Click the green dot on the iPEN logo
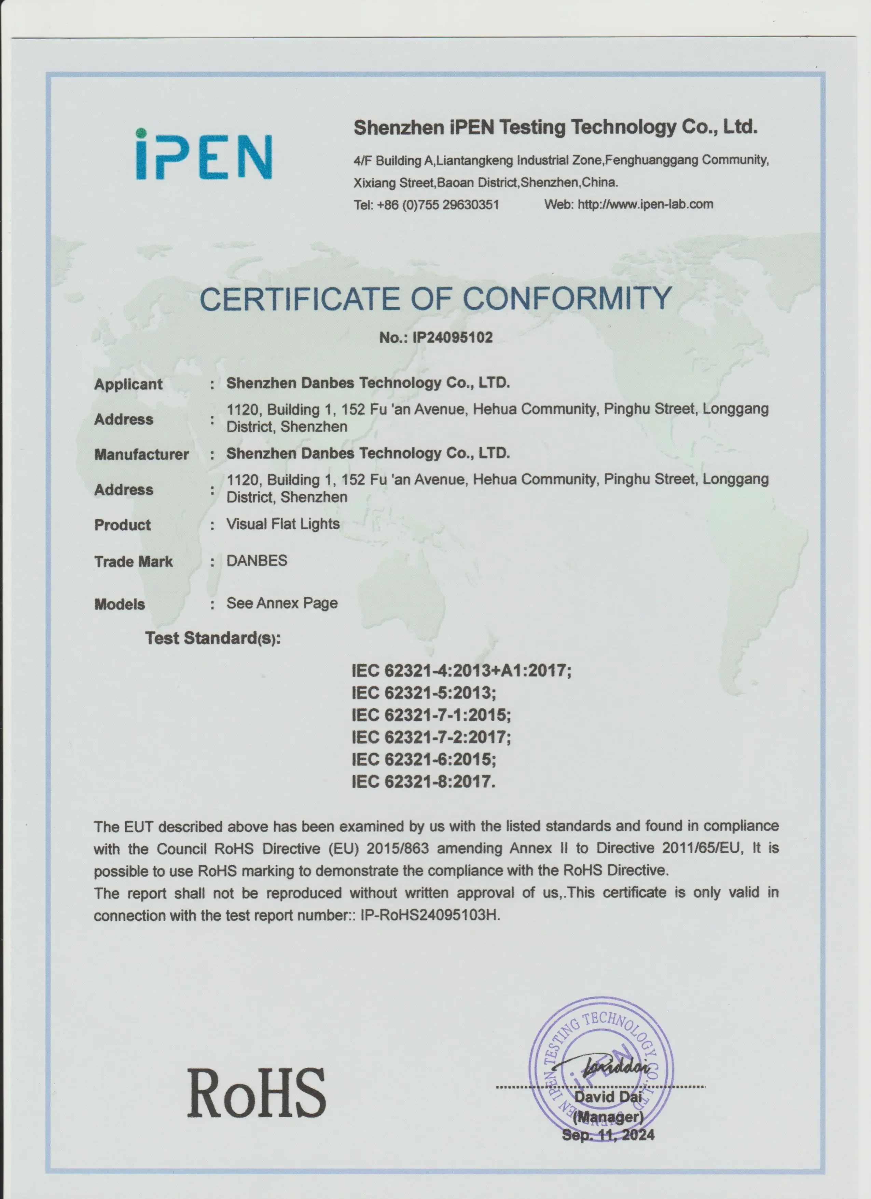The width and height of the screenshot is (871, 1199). pyautogui.click(x=141, y=134)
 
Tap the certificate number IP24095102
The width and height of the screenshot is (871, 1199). pyautogui.click(x=452, y=338)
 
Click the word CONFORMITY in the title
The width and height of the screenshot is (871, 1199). pyautogui.click(x=567, y=299)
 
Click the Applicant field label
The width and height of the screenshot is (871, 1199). pyautogui.click(x=128, y=384)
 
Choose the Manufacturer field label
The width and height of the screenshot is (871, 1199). pyautogui.click(x=141, y=455)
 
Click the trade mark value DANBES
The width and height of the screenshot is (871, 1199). pyautogui.click(x=257, y=561)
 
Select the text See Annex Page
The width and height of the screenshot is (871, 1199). pyautogui.click(x=282, y=603)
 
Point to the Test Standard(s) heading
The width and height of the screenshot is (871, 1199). pyautogui.click(x=213, y=639)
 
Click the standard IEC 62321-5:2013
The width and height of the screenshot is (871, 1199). pyautogui.click(x=424, y=693)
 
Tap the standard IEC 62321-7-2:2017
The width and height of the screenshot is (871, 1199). pyautogui.click(x=431, y=737)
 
